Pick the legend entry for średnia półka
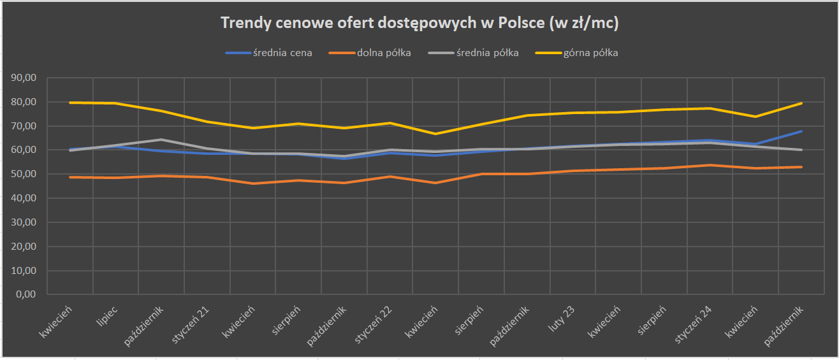(491, 53)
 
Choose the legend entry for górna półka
(590, 53)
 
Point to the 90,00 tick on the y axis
(24, 78)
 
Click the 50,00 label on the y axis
(24, 174)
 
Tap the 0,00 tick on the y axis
(27, 295)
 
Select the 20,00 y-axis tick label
(24, 247)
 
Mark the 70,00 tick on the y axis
(24, 126)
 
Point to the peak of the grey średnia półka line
(161, 140)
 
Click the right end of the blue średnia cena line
(801, 131)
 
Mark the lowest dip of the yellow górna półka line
(435, 134)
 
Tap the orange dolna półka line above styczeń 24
(710, 165)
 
